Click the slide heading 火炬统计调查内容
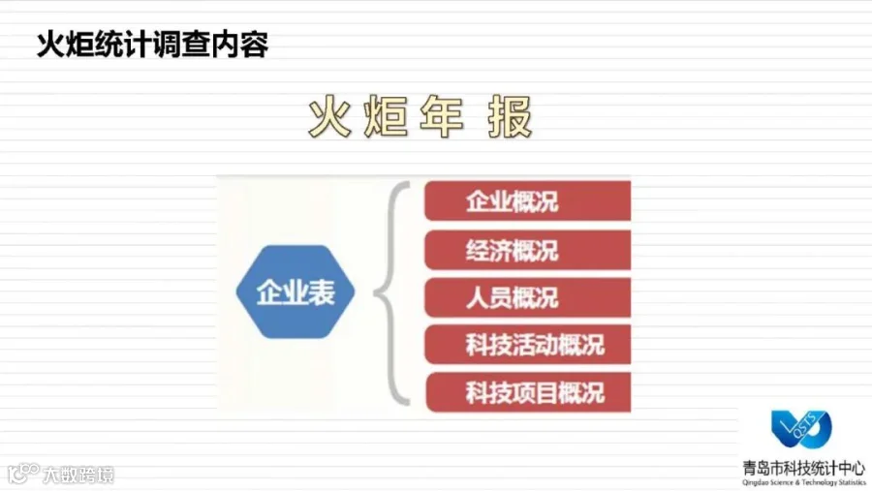coord(152,45)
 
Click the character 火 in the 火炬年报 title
coord(330,116)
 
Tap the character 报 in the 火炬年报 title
coord(510,116)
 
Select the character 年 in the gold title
coord(442,116)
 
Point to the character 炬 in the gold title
coord(386,116)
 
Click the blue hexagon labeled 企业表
coord(296,292)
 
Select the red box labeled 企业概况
coord(528,200)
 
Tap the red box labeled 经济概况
coord(528,250)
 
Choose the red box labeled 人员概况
coord(528,297)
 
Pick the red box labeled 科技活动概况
coord(528,345)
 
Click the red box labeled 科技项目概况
coord(528,392)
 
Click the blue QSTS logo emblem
coord(801,429)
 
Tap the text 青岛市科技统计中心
coord(803,468)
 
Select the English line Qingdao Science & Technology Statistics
coord(803,482)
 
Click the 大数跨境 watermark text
coord(78,475)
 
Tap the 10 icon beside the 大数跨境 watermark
coord(23,474)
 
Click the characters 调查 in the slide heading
coord(181,45)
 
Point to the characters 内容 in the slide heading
coord(239,45)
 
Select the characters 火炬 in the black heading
coord(66,45)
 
